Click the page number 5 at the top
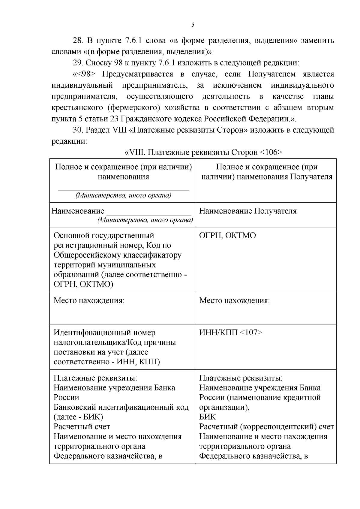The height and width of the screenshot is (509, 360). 193,25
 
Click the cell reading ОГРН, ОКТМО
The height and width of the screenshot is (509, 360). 227,235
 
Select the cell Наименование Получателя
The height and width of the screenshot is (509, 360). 248,211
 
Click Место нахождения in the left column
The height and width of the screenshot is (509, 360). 89,300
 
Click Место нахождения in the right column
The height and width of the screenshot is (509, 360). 234,300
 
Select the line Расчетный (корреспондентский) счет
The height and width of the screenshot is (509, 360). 266,427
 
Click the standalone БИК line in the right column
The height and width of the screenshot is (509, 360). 207,417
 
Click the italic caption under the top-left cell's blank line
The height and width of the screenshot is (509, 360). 123,196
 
